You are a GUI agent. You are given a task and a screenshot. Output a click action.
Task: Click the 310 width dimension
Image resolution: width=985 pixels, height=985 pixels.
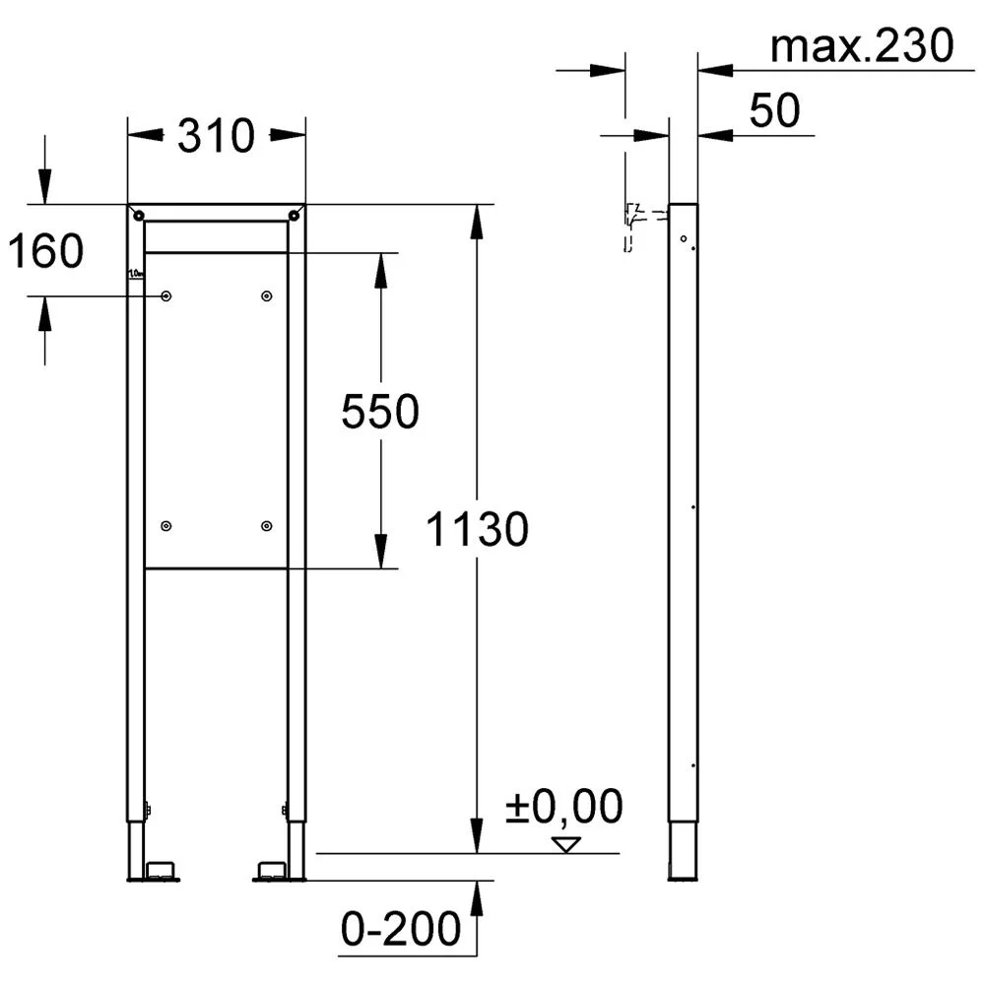pyautogui.click(x=216, y=136)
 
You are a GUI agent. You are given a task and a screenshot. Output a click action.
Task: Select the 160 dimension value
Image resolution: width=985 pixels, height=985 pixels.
pyautogui.click(x=45, y=250)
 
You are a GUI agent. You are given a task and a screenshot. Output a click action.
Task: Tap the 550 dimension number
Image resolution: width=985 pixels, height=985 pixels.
pyautogui.click(x=380, y=412)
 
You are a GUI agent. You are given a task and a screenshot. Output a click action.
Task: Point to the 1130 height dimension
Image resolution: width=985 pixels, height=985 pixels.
pyautogui.click(x=477, y=529)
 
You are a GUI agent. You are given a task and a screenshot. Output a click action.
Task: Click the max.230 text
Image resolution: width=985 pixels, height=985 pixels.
pyautogui.click(x=862, y=46)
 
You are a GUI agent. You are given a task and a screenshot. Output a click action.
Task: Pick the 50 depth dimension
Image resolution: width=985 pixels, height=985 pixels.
pyautogui.click(x=774, y=110)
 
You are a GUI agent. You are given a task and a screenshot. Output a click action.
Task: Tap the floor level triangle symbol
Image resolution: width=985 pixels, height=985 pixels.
pyautogui.click(x=566, y=845)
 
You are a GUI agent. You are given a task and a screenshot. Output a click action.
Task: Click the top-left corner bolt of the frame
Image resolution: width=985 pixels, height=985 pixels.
pyautogui.click(x=139, y=216)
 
